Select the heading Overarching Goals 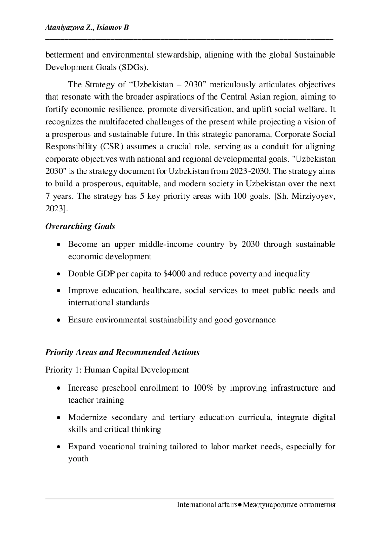coord(80,226)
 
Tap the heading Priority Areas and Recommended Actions coord(122,352)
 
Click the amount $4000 coord(174,274)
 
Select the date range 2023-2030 coord(250,171)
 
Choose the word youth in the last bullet coord(78,459)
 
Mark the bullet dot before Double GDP coord(59,274)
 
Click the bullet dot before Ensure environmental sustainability coord(59,320)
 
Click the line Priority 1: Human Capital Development coord(117,370)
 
